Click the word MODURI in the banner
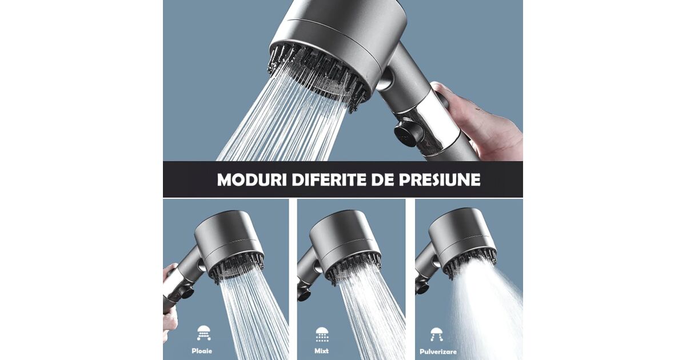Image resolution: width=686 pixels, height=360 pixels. point(252,180)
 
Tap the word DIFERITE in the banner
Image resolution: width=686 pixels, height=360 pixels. point(329,180)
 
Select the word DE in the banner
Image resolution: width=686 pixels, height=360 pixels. point(382,180)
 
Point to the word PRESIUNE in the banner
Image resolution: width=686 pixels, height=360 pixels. point(440,180)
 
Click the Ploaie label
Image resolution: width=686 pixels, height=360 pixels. point(202,351)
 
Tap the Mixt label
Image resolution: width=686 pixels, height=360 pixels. point(321,351)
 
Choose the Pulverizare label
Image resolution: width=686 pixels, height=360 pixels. point(438,352)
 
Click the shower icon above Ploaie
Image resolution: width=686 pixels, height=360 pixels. point(204,333)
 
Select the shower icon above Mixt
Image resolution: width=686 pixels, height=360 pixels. point(322,334)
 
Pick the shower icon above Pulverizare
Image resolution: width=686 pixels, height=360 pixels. point(436,334)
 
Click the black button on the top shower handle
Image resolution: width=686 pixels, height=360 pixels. point(409,132)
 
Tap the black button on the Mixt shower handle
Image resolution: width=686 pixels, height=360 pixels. point(304,294)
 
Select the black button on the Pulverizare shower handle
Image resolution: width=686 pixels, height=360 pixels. point(422,287)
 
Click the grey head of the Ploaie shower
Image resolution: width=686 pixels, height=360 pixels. point(228,242)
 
